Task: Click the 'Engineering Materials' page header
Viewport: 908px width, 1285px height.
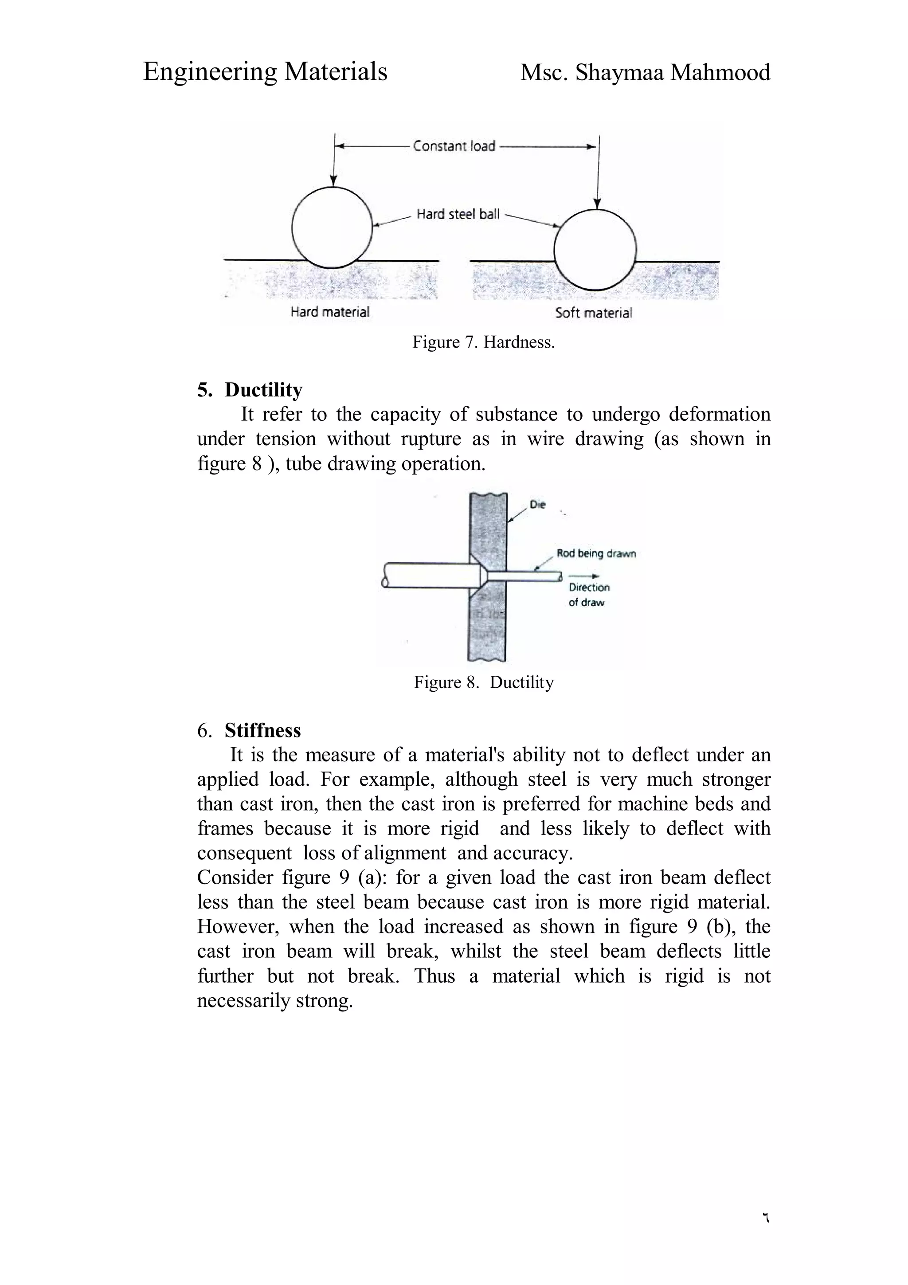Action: tap(265, 72)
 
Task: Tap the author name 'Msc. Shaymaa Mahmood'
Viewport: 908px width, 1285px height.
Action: tap(645, 72)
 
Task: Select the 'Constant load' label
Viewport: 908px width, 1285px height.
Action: tap(454, 146)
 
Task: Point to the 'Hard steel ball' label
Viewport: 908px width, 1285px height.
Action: tap(458, 214)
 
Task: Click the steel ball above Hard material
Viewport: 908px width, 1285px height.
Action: tap(332, 227)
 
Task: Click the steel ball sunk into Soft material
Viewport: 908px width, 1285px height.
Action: tap(595, 249)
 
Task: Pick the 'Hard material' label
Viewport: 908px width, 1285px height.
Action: tap(329, 312)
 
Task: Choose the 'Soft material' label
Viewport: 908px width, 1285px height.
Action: tap(593, 313)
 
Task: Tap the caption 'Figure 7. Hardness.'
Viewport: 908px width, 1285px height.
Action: tap(483, 342)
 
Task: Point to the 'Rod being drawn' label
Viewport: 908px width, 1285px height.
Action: tap(595, 553)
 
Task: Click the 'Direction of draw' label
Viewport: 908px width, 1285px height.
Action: tap(588, 594)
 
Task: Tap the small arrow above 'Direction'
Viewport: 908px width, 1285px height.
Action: tap(584, 576)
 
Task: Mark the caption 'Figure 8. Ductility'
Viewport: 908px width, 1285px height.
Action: tap(483, 682)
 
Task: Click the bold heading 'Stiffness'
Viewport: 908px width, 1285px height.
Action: tap(262, 730)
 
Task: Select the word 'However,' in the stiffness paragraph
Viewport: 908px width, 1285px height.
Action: tap(238, 926)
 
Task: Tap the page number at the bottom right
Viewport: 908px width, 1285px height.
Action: tap(765, 1217)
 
